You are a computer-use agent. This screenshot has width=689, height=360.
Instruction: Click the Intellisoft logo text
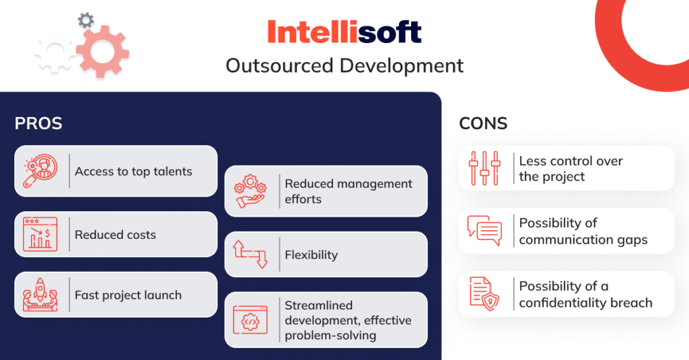click(x=344, y=32)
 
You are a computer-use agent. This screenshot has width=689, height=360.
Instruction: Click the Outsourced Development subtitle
click(x=344, y=66)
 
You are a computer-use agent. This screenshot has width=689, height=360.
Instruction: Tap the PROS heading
click(x=38, y=124)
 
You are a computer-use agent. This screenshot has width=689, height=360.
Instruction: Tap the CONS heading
click(x=483, y=124)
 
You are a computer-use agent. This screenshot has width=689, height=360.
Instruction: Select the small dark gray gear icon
click(x=85, y=20)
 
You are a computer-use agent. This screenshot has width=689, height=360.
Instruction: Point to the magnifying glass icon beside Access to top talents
click(x=40, y=171)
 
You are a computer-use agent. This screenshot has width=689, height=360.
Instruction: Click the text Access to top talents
click(x=133, y=172)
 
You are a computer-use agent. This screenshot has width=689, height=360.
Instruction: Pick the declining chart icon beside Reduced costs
click(x=40, y=234)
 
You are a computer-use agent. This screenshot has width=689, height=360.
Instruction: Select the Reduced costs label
click(x=115, y=235)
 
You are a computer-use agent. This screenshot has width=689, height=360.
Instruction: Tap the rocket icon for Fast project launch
click(x=40, y=295)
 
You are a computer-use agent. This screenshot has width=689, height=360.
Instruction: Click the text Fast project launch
click(x=128, y=295)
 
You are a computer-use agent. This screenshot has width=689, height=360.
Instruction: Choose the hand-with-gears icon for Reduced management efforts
click(x=250, y=191)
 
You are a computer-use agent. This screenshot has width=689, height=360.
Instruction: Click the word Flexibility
click(x=311, y=255)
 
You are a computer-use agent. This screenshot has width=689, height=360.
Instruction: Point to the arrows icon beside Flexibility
click(x=250, y=254)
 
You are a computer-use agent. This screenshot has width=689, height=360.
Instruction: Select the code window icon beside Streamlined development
click(x=250, y=320)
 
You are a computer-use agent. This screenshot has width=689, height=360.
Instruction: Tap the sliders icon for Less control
click(x=484, y=168)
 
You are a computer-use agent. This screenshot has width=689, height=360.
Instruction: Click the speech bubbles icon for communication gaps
click(x=484, y=231)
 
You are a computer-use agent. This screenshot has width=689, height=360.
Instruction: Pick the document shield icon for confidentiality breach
click(x=484, y=294)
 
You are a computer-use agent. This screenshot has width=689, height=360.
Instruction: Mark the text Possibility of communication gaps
click(x=583, y=231)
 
